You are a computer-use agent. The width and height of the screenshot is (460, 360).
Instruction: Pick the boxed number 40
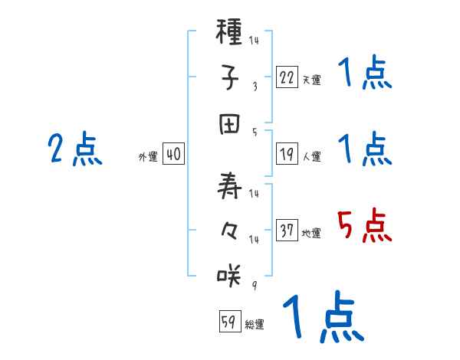(x=173, y=155)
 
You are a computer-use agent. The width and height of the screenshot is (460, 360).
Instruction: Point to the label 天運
(x=311, y=80)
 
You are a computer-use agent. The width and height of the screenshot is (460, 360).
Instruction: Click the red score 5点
(x=364, y=226)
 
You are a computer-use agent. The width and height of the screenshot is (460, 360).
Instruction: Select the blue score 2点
(x=74, y=149)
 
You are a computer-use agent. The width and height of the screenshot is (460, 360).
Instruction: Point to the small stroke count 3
(x=255, y=86)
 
